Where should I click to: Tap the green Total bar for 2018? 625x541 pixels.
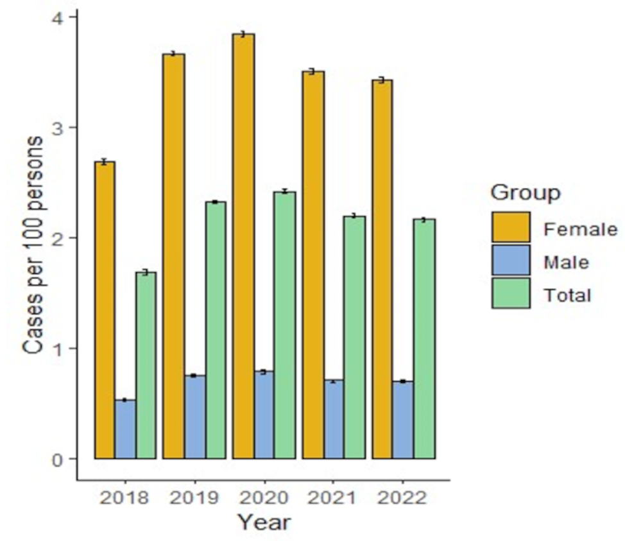146,365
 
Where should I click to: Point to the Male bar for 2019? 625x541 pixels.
195,416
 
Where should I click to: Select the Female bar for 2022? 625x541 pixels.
382,269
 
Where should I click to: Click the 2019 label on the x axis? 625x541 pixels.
194,498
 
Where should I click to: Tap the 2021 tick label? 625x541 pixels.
334,498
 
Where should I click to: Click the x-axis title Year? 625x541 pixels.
264,522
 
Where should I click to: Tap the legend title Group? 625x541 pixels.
525,193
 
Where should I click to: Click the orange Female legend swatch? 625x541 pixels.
511,227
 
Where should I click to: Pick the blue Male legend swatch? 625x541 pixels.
511,261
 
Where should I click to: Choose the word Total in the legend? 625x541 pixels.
567,295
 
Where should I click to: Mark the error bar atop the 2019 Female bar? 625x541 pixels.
173,54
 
